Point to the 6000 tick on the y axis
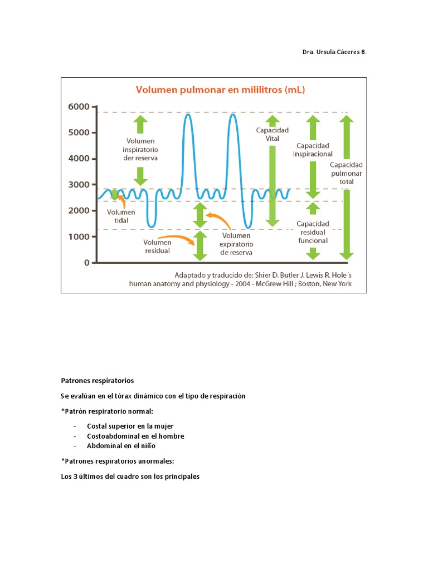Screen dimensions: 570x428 tap(79, 106)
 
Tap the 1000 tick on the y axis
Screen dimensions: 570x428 tap(79, 237)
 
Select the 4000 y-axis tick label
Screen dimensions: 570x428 tap(79, 159)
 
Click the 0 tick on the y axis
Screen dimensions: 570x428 tap(86, 263)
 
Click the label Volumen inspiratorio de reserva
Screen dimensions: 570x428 tap(140, 150)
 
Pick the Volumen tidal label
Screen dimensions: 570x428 tap(121, 216)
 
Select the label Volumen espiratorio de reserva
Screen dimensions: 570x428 tap(236, 244)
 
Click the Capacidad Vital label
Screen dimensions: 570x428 tap(272, 134)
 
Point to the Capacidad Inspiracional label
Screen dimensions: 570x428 tap(314, 150)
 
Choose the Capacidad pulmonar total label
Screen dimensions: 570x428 tap(346, 173)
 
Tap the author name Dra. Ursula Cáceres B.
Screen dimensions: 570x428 tap(334, 52)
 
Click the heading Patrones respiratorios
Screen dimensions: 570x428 tap(98, 381)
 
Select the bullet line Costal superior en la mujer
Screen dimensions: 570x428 tap(130, 426)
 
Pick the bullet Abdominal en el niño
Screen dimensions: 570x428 tap(121, 446)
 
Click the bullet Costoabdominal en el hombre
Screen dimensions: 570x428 tap(135, 436)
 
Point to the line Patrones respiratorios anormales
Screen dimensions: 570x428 tap(118, 461)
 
